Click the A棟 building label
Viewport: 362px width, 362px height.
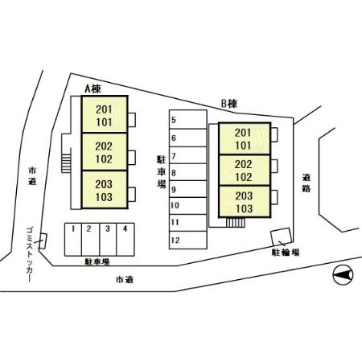(x=93, y=88)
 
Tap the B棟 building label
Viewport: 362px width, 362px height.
(x=229, y=104)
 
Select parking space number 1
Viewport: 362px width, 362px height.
(x=73, y=240)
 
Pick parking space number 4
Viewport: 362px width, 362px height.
(x=125, y=240)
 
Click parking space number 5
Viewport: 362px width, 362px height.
(x=188, y=120)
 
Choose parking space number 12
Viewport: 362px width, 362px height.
(x=188, y=240)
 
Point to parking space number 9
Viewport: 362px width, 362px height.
(x=188, y=189)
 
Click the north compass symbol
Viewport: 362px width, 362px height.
(x=343, y=275)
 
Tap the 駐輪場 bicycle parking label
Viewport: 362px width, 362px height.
(x=286, y=253)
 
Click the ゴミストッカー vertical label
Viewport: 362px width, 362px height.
(x=30, y=254)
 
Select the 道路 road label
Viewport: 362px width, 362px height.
(x=306, y=183)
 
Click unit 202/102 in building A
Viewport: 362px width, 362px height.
(x=105, y=152)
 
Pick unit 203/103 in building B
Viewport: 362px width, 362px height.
(x=245, y=201)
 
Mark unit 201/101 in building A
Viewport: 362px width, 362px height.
(x=105, y=114)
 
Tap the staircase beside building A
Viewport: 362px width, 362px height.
(x=66, y=163)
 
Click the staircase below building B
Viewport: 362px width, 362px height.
(x=235, y=223)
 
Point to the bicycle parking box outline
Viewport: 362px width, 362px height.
(x=281, y=237)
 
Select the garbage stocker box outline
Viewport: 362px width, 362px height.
(x=43, y=241)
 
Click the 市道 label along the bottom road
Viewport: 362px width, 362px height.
(x=125, y=280)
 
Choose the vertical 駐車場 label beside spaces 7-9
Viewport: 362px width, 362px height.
(x=162, y=172)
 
